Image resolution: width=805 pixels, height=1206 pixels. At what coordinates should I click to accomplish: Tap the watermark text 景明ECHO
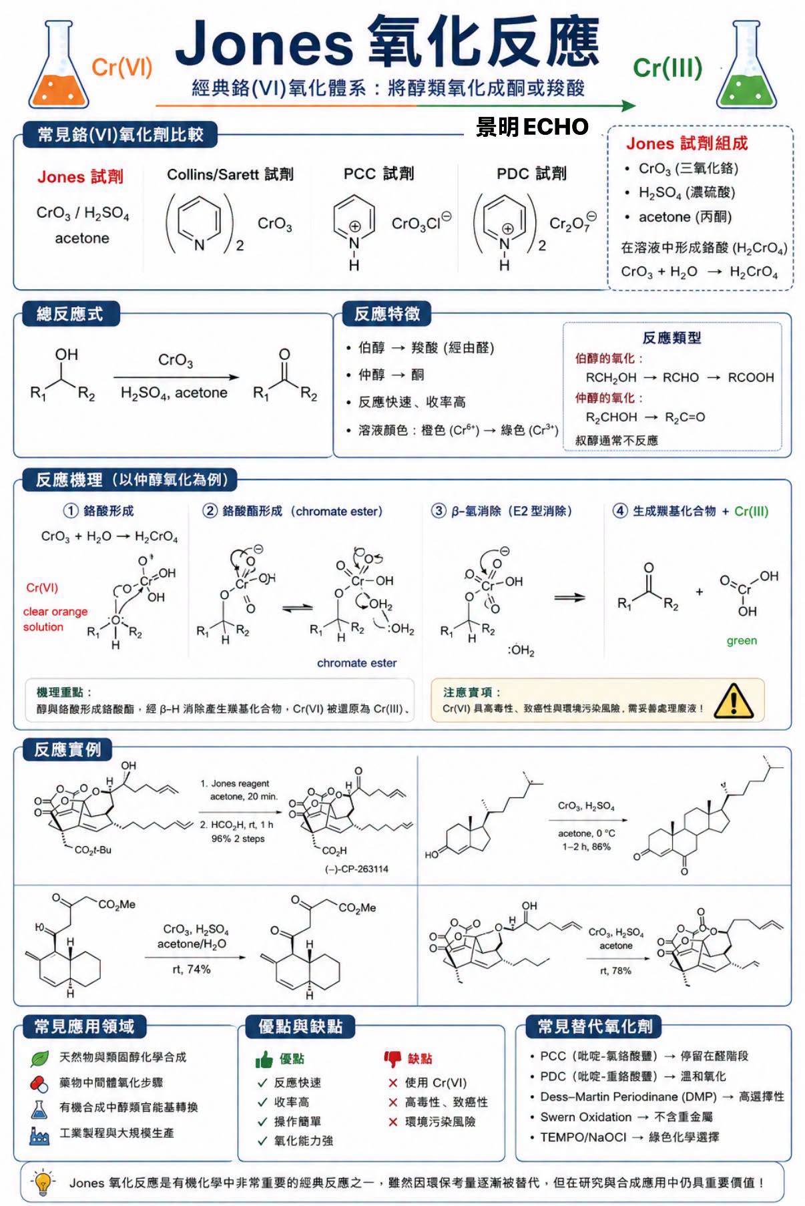coord(532,127)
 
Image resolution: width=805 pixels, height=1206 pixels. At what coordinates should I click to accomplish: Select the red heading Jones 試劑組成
coord(687,144)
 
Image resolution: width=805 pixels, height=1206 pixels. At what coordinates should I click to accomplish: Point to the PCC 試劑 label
coord(378,174)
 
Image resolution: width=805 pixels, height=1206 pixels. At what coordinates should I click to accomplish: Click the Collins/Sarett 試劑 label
coord(230,174)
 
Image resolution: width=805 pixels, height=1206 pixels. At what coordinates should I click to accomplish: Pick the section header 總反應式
coord(69,314)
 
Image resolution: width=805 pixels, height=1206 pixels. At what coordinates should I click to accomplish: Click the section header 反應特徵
coord(387,314)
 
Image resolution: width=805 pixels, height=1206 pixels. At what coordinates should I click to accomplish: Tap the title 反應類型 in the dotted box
coord(672,338)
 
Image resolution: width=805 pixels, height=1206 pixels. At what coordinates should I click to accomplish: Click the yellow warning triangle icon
coord(734,700)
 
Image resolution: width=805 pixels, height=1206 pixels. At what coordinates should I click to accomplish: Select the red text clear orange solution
coord(55,619)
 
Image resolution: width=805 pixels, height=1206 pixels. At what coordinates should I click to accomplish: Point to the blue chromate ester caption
coord(356,663)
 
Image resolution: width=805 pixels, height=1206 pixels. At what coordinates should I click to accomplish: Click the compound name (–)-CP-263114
coord(356,869)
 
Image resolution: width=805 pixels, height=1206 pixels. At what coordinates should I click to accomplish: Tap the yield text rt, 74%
coord(192,969)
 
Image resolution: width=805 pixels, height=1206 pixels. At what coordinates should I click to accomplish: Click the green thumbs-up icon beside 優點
coord(264,1059)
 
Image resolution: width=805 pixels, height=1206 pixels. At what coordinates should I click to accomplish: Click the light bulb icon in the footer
coord(43,1182)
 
